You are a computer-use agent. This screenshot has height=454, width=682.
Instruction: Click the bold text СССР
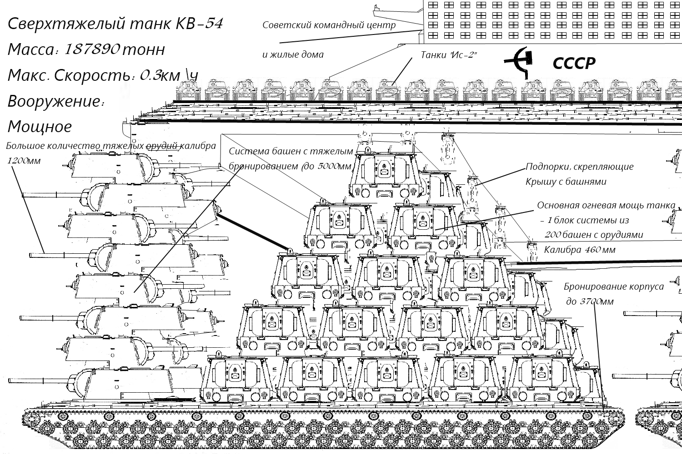click(574, 64)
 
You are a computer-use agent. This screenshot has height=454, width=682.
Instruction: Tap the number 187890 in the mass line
click(92, 49)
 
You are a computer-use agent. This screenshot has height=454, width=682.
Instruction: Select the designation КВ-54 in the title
click(199, 24)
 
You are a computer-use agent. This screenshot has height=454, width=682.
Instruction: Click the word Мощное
click(40, 126)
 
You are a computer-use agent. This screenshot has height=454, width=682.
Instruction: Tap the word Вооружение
click(53, 101)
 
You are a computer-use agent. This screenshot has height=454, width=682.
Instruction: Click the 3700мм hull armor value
click(590, 302)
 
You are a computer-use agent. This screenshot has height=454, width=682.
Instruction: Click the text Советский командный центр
click(329, 25)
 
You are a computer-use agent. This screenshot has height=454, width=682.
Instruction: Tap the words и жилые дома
click(293, 55)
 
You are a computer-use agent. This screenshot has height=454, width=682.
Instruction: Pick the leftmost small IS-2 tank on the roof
click(188, 90)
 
